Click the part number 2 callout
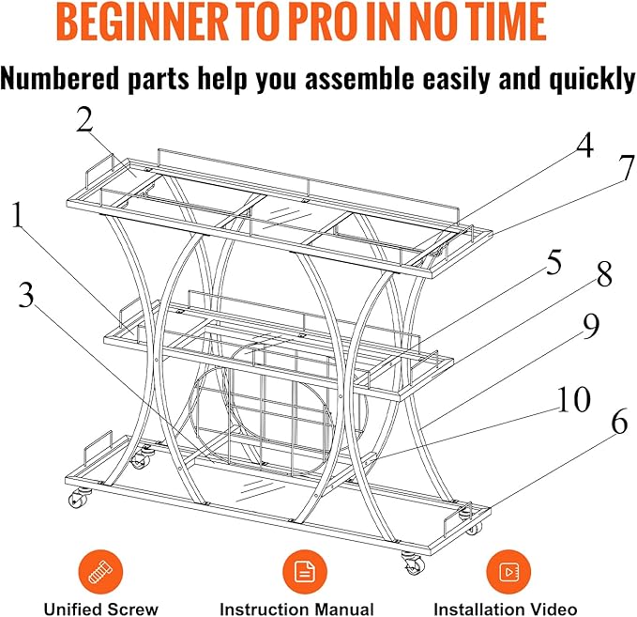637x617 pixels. coord(84,120)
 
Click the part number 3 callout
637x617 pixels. coord(27,295)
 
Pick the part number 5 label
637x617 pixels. coord(554,261)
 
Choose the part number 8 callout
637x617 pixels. coord(604,273)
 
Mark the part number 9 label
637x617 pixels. coord(591,326)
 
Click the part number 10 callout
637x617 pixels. coord(573,399)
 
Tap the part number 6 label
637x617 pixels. coord(619,423)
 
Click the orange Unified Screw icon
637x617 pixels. coord(100,572)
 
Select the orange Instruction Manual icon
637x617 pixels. coord(304,572)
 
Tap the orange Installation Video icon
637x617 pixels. coord(508,572)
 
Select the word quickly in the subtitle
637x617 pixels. coord(592,79)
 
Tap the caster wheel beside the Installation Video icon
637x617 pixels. coord(414,563)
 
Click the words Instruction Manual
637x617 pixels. coord(297,609)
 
